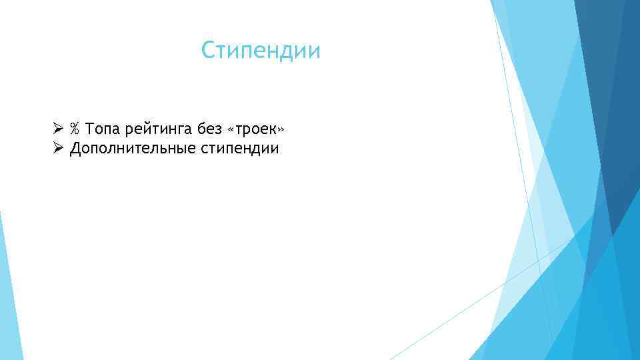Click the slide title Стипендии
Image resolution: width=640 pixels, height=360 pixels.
(x=261, y=51)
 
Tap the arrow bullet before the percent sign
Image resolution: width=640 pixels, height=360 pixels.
(x=58, y=128)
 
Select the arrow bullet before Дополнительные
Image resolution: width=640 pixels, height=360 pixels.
(x=58, y=148)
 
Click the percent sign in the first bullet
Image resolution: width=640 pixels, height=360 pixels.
(x=75, y=128)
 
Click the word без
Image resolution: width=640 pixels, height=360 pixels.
(x=208, y=128)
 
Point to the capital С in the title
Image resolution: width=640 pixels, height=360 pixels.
(x=209, y=51)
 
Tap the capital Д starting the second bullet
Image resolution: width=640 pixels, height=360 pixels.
(x=75, y=149)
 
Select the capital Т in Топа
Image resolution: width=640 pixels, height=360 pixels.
(x=91, y=128)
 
